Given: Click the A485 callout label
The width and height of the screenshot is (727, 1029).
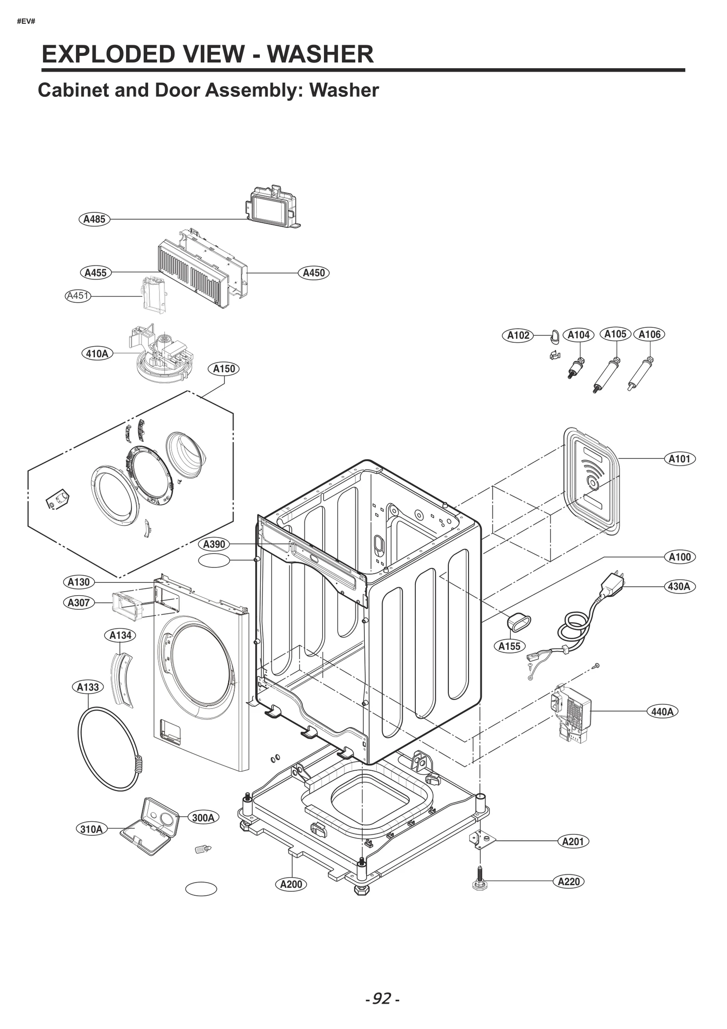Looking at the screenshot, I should [x=95, y=219].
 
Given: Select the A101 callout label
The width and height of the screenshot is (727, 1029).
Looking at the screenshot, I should [x=679, y=459].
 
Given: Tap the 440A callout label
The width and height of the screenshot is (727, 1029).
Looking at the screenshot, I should [x=662, y=712].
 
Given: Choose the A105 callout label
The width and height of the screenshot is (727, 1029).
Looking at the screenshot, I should [x=615, y=334].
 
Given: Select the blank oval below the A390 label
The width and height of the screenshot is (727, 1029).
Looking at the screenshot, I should [x=214, y=560].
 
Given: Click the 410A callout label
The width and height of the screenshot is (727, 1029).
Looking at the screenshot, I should [x=97, y=353].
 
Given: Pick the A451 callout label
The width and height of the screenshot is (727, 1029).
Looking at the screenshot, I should [x=78, y=296].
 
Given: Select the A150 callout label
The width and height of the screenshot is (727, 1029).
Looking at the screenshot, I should [x=224, y=369].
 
